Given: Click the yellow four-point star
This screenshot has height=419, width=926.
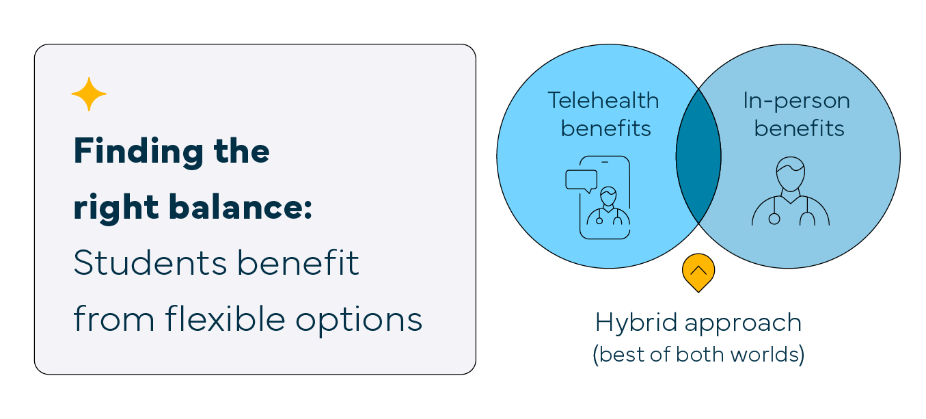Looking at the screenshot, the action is click(89, 94).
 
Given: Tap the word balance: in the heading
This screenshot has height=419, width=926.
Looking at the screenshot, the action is click(241, 206).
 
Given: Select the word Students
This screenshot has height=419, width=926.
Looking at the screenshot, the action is click(150, 262).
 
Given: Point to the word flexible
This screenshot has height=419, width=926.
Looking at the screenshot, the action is click(226, 319).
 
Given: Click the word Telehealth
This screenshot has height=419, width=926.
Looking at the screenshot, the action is click(603, 100).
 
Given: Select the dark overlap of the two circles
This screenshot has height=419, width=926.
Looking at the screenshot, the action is click(698, 157).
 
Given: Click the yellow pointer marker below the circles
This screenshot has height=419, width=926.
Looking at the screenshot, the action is click(698, 272).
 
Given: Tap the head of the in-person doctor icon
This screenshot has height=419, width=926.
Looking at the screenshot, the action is click(791, 174).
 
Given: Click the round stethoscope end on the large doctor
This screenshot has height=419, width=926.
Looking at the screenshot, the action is click(774, 219).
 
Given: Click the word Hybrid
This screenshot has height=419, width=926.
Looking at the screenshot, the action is click(637, 323).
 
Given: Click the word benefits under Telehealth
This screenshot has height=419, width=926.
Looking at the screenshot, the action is click(606, 129).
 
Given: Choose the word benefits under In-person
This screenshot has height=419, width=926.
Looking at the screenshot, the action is click(799, 129).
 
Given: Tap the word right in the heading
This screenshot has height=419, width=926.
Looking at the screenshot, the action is click(116, 208).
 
